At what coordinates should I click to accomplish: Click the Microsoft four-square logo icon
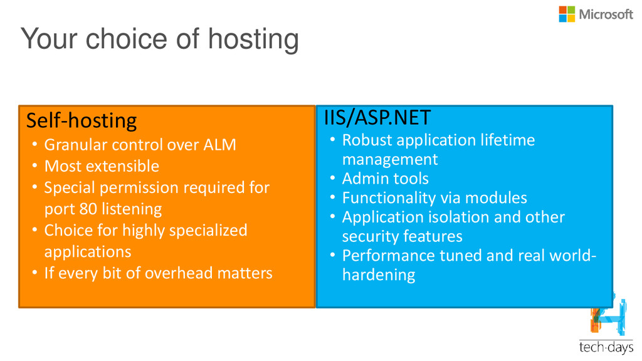pyautogui.click(x=567, y=14)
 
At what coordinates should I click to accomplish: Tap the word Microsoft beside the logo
pyautogui.click(x=606, y=15)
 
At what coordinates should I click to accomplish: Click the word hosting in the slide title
pyautogui.click(x=253, y=40)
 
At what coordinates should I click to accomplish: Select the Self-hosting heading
pyautogui.click(x=82, y=121)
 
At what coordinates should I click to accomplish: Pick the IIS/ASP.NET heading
pyautogui.click(x=377, y=117)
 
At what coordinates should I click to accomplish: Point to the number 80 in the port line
pyautogui.click(x=88, y=209)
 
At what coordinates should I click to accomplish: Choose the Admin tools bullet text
pyautogui.click(x=386, y=179)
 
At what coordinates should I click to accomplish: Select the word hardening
pyautogui.click(x=379, y=275)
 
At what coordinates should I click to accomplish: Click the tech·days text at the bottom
pyautogui.click(x=606, y=347)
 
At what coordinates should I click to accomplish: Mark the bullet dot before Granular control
pyautogui.click(x=35, y=145)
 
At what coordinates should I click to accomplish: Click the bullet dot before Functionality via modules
pyautogui.click(x=333, y=197)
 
